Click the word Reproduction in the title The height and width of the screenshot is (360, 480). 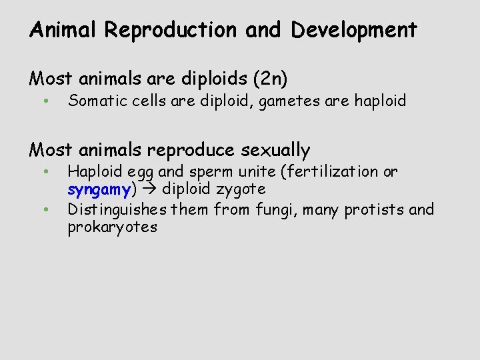pos(170,30)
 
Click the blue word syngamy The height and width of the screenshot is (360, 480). pos(99,190)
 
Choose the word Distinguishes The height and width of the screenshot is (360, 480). pos(117,210)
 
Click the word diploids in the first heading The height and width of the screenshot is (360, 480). pos(204,79)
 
